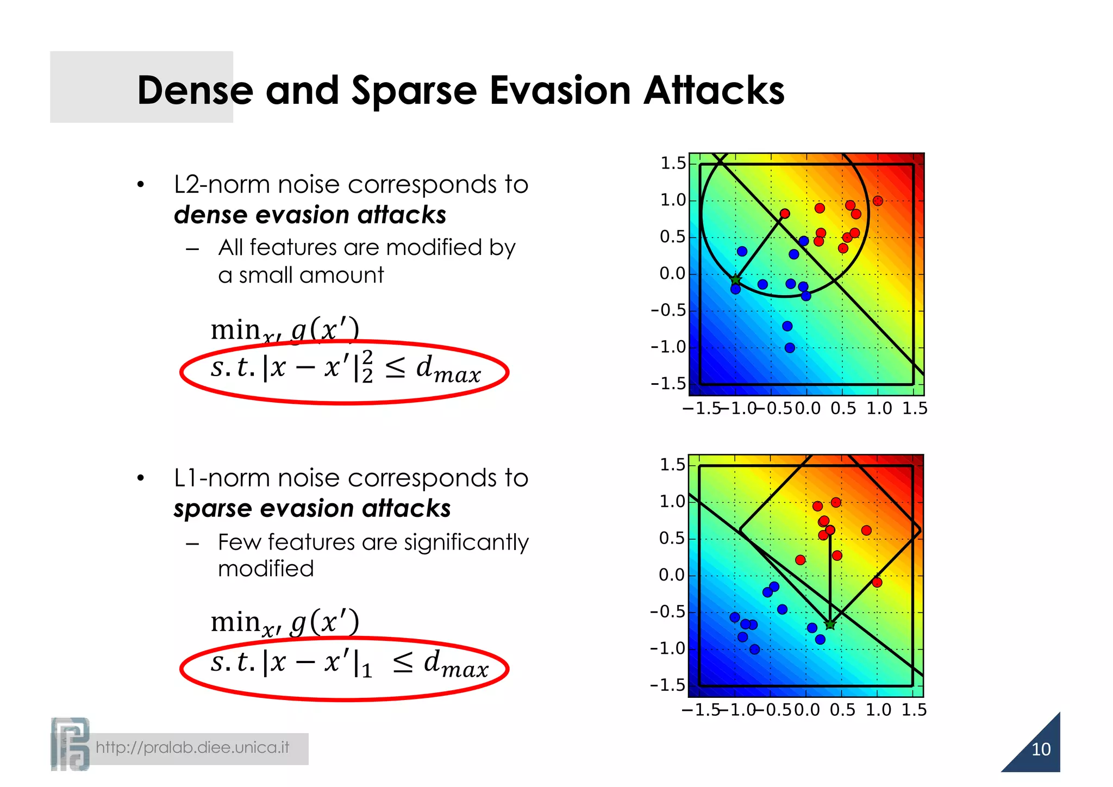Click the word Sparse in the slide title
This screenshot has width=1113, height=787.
[x=414, y=91]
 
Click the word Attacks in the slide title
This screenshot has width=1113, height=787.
[x=714, y=90]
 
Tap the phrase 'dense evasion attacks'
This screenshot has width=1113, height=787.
[x=310, y=215]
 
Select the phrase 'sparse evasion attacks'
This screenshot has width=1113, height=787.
[x=312, y=509]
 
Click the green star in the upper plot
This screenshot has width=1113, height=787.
[x=735, y=280]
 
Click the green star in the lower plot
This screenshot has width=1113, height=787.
[x=830, y=624]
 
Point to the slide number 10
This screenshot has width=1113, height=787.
[x=1041, y=749]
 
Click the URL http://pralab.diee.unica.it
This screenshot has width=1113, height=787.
[x=192, y=747]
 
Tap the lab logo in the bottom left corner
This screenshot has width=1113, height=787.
[x=70, y=744]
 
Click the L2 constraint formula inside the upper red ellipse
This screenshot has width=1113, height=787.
[x=346, y=368]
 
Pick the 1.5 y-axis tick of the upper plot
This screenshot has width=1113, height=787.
[x=673, y=163]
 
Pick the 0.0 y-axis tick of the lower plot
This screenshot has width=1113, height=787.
[x=672, y=575]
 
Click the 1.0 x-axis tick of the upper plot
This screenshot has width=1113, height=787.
[x=879, y=408]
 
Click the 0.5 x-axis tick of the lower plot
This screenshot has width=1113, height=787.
[x=842, y=710]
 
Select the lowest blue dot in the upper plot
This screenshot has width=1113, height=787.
[x=790, y=348]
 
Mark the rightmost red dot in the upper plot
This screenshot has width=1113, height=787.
[x=878, y=201]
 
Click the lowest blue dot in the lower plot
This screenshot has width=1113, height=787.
[x=754, y=649]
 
